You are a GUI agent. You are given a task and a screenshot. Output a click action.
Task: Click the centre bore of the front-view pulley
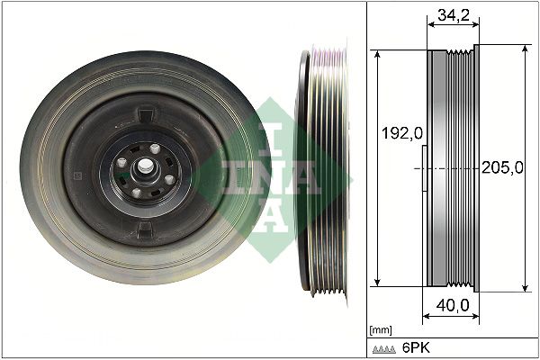(142, 167)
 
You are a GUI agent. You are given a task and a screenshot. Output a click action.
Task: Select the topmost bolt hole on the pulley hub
(155, 148)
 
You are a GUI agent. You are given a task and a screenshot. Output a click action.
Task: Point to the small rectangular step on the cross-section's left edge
(424, 168)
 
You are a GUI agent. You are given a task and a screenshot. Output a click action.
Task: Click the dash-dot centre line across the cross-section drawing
(450, 168)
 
